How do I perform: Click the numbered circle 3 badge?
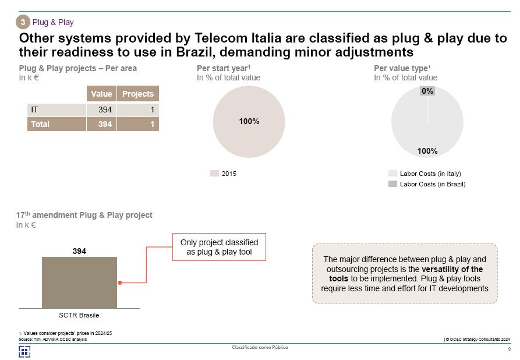pyautogui.click(x=23, y=22)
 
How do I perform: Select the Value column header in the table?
pyautogui.click(x=101, y=94)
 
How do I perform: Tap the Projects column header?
pyautogui.click(x=138, y=94)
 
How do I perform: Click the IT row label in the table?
pyautogui.click(x=35, y=110)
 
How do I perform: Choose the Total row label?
pyautogui.click(x=40, y=124)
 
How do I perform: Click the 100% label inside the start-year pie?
pyautogui.click(x=249, y=122)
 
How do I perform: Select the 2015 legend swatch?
pyautogui.click(x=214, y=174)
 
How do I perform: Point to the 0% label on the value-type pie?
pyautogui.click(x=427, y=91)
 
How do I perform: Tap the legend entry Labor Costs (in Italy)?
pyautogui.click(x=430, y=174)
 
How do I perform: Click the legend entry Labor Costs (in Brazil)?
pyautogui.click(x=432, y=184)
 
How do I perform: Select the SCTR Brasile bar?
pyautogui.click(x=79, y=282)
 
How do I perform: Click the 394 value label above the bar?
pyautogui.click(x=79, y=251)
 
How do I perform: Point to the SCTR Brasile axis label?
pyautogui.click(x=79, y=315)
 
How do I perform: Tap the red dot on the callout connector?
pyautogui.click(x=120, y=283)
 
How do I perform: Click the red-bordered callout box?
pyautogui.click(x=218, y=247)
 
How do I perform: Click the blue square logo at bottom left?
pyautogui.click(x=24, y=351)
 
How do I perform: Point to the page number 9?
pyautogui.click(x=509, y=350)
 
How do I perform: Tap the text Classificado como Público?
pyautogui.click(x=260, y=348)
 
